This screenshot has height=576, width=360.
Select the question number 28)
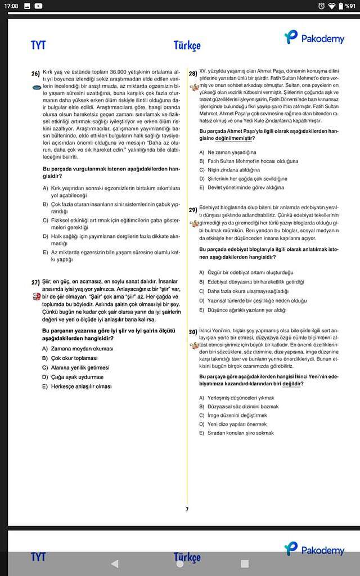pyautogui.click(x=192, y=74)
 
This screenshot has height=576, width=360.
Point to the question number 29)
pyautogui.click(x=192, y=210)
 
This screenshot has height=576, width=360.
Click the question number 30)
pyautogui.click(x=192, y=332)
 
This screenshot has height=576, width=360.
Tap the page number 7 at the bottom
pyautogui.click(x=187, y=509)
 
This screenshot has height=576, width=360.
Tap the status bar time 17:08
pyautogui.click(x=11, y=6)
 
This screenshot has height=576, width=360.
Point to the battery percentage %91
pyautogui.click(x=349, y=6)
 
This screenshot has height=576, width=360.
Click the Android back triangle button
pyautogui.click(x=115, y=563)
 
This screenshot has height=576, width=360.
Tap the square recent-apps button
pyautogui.click(x=245, y=563)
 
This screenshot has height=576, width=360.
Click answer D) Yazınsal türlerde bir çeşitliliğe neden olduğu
pyautogui.click(x=253, y=301)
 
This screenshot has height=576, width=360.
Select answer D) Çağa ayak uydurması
pyautogui.click(x=73, y=377)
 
